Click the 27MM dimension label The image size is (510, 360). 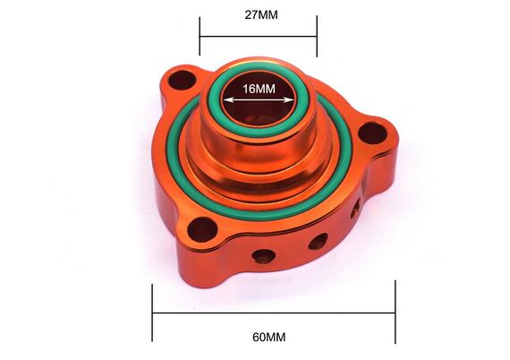pyautogui.click(x=258, y=15)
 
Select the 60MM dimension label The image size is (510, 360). pyautogui.click(x=268, y=337)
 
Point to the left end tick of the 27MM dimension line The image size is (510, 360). pyautogui.click(x=200, y=36)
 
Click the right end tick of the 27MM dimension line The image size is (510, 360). pyautogui.click(x=317, y=36)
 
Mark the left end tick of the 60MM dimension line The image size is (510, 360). pyautogui.click(x=153, y=313)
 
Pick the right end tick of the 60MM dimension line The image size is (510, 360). pyautogui.click(x=395, y=313)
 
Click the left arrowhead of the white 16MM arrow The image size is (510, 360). pyautogui.click(x=226, y=99)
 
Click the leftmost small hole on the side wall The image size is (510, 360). pyautogui.click(x=262, y=256)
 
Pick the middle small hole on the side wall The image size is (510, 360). pyautogui.click(x=317, y=241)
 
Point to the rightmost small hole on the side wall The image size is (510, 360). pyautogui.click(x=354, y=211)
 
